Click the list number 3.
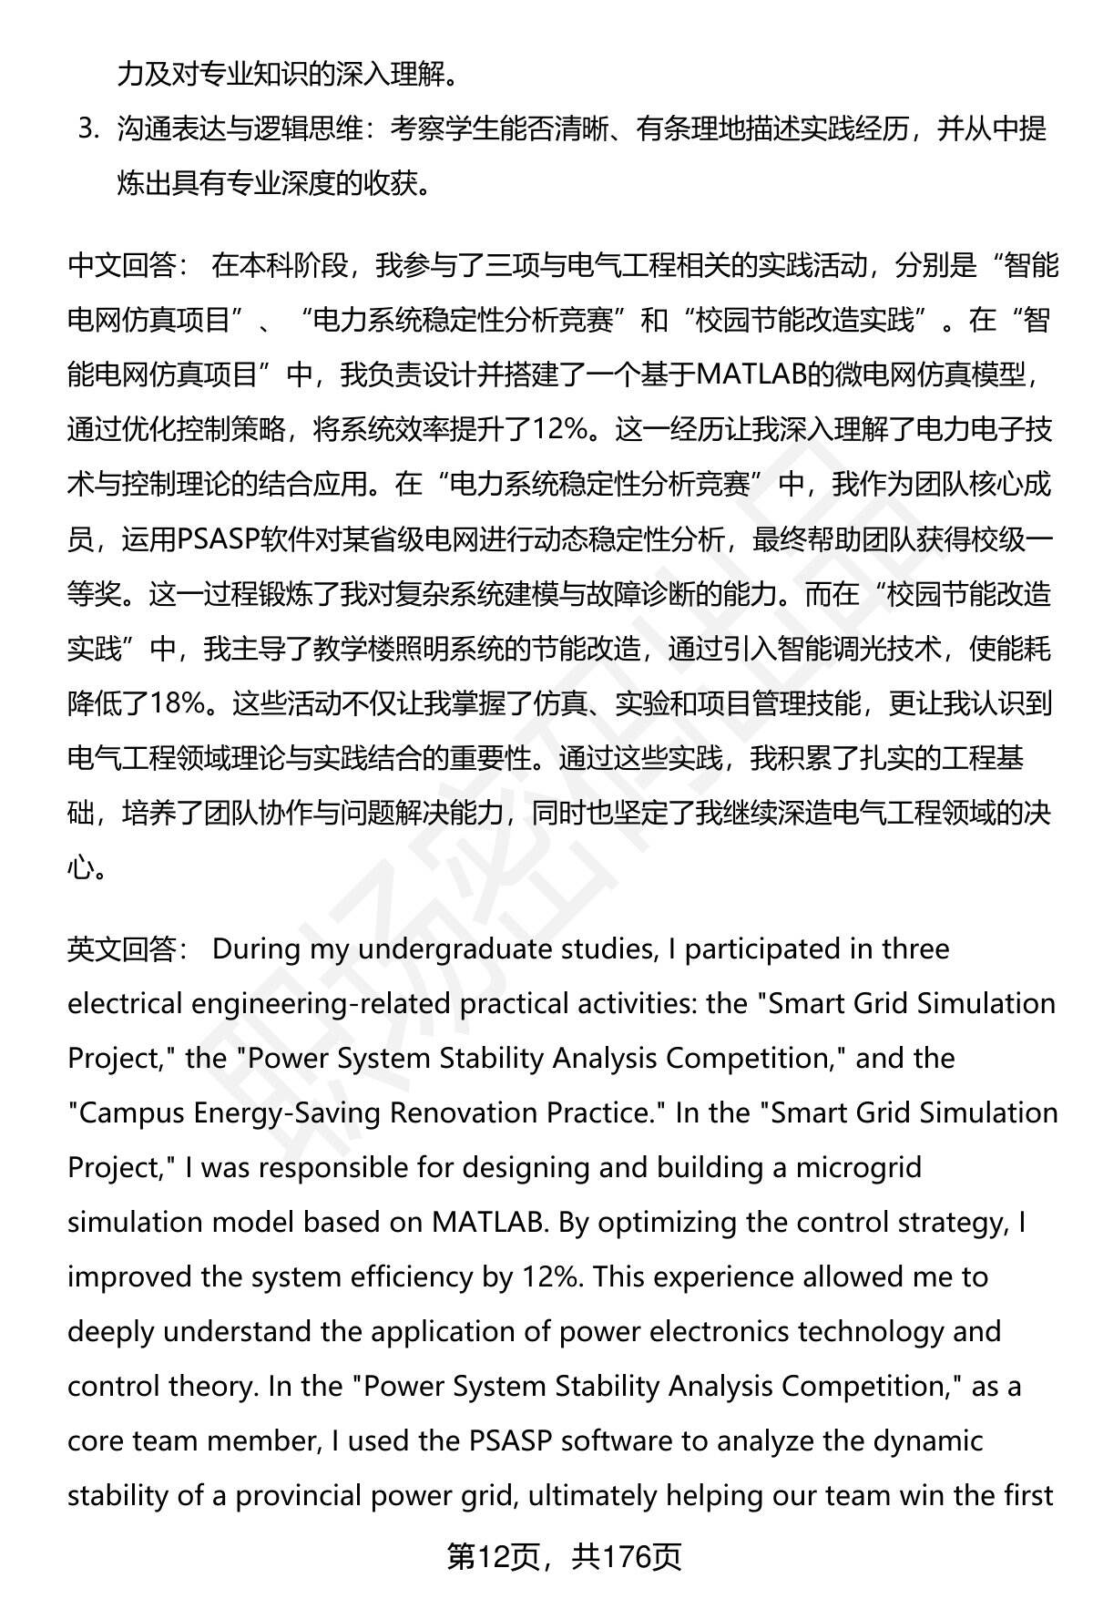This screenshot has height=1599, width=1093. point(88,130)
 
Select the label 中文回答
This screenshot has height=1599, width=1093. point(122,266)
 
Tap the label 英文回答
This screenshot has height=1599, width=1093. point(122,949)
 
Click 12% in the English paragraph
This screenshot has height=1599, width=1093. point(552,1277)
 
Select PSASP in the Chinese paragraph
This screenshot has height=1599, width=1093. point(218,539)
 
